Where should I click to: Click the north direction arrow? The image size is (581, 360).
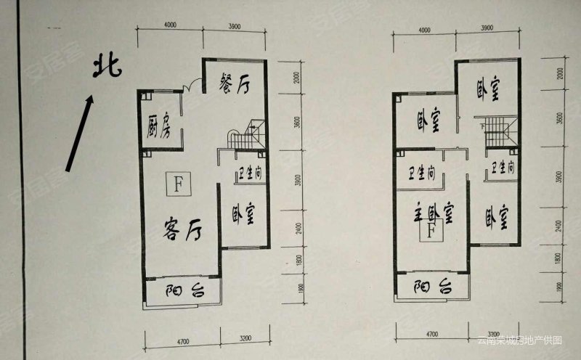[80, 134]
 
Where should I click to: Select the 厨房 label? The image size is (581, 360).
[158, 125]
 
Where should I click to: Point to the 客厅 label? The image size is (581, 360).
[180, 231]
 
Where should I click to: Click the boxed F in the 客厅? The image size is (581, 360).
[177, 184]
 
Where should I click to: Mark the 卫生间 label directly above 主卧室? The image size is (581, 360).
[421, 173]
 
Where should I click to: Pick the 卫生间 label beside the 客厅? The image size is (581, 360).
[244, 175]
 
